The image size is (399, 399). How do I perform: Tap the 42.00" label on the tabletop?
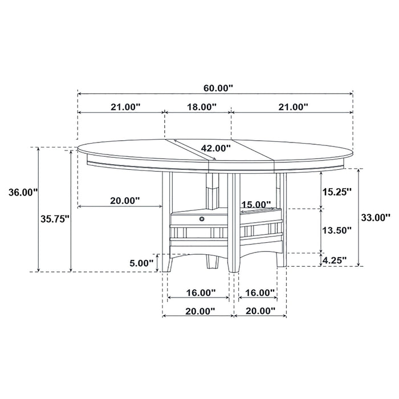pyautogui.click(x=215, y=148)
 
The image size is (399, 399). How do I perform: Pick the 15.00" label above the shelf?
pyautogui.click(x=256, y=204)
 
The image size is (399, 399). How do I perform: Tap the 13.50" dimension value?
pyautogui.click(x=336, y=230)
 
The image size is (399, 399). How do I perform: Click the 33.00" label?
pyautogui.click(x=375, y=217)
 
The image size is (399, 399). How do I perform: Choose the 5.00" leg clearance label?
pyautogui.click(x=142, y=263)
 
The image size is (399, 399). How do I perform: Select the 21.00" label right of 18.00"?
pyautogui.click(x=292, y=107)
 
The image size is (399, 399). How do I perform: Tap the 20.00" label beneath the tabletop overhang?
pyautogui.click(x=125, y=201)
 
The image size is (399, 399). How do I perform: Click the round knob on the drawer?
pyautogui.click(x=202, y=218)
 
